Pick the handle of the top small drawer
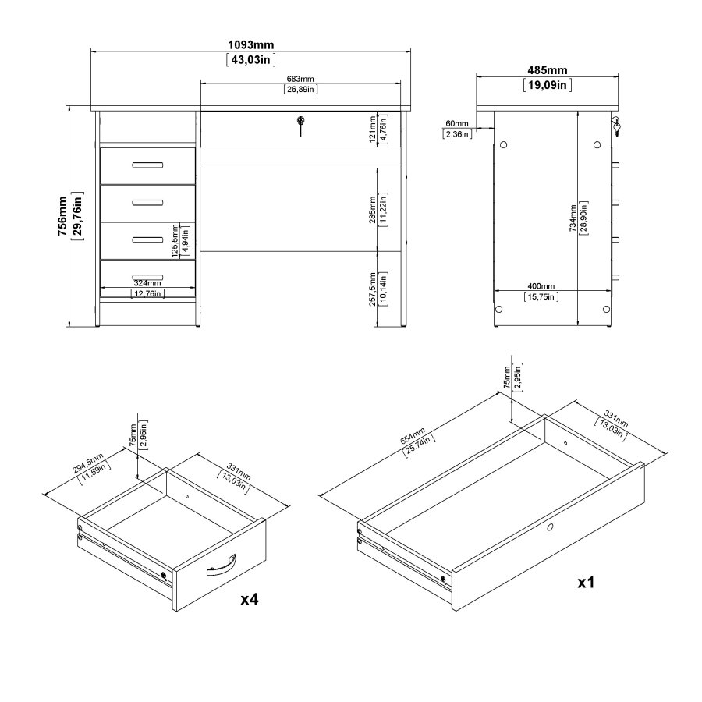click(x=147, y=164)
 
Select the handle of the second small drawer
click(x=147, y=202)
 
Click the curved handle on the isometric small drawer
click(x=221, y=565)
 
